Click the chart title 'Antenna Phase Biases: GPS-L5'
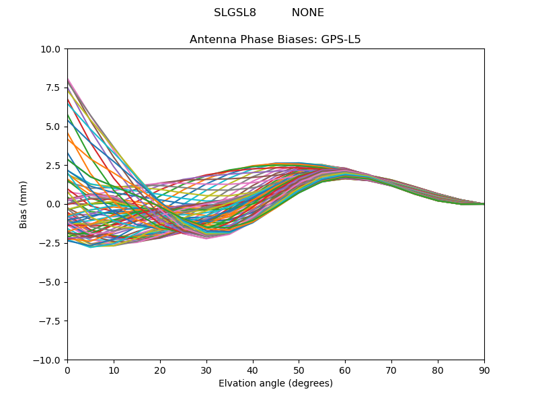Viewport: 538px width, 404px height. (x=275, y=40)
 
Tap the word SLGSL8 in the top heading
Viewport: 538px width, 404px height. (x=235, y=13)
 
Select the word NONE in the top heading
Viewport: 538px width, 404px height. (x=308, y=13)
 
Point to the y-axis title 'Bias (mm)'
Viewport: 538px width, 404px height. (x=24, y=204)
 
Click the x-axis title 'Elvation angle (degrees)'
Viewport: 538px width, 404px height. (x=275, y=384)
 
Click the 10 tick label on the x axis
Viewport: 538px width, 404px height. (x=114, y=370)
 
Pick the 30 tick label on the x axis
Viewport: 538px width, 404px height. (x=206, y=370)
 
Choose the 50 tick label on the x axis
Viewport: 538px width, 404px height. (x=299, y=370)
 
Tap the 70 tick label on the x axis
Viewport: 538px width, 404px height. (x=391, y=370)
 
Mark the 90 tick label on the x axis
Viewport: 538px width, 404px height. (x=484, y=370)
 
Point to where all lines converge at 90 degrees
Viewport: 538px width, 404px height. (x=484, y=204)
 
